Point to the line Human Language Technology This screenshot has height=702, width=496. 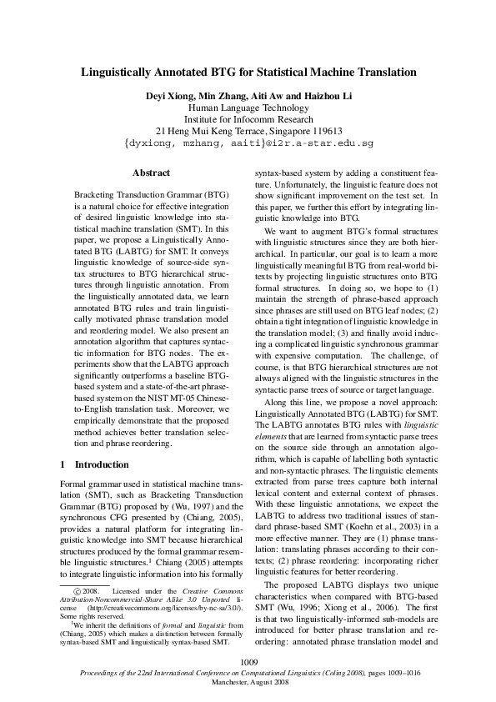(248, 108)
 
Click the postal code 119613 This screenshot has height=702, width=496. (322, 132)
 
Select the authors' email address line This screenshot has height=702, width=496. (248, 144)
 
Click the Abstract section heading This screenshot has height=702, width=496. (151, 173)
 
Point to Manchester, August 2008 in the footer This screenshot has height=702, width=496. (248, 681)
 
